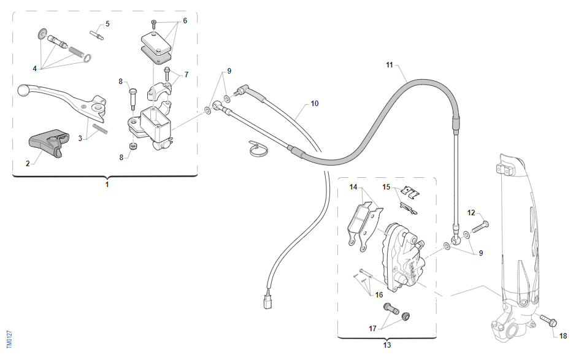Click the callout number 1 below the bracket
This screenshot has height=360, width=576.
[x=107, y=185]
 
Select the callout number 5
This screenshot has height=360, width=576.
[x=107, y=24]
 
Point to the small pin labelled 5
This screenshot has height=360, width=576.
[x=96, y=35]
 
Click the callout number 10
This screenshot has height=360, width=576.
[x=315, y=104]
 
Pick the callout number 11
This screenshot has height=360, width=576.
[x=390, y=65]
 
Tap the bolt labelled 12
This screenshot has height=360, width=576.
[x=480, y=228]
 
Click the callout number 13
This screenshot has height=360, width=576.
[x=387, y=345]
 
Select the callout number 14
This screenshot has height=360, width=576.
[x=353, y=187]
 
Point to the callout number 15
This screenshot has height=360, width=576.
[x=386, y=187]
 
